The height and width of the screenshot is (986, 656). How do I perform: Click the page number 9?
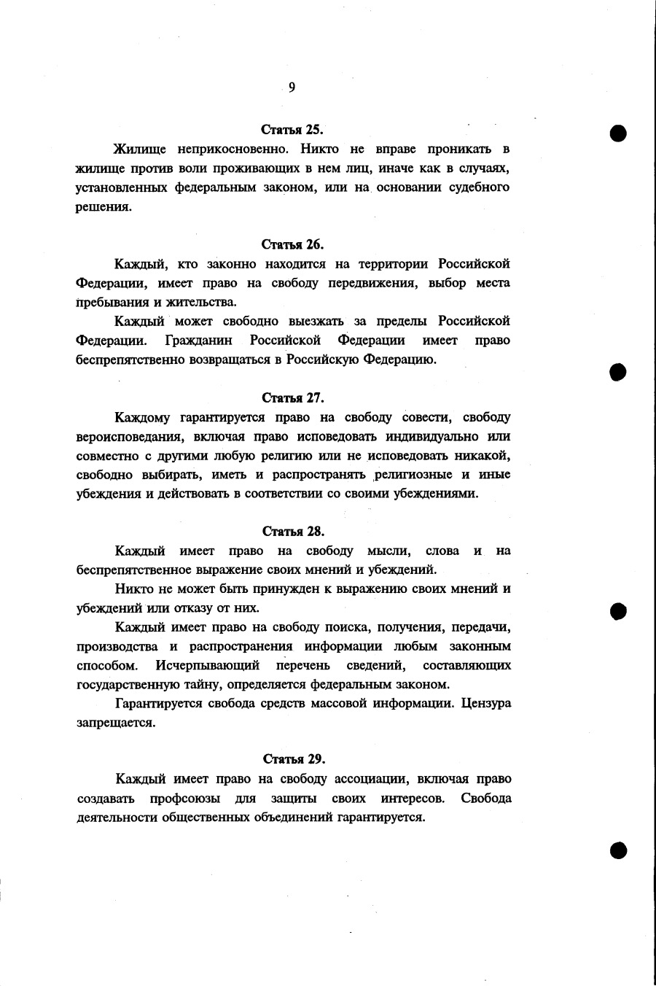[x=292, y=88]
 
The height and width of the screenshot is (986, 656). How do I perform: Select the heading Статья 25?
[x=292, y=130]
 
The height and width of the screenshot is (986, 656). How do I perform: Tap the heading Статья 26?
[x=292, y=244]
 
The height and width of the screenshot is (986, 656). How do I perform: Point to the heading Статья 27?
[x=292, y=397]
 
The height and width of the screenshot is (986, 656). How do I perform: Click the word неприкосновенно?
[x=230, y=150]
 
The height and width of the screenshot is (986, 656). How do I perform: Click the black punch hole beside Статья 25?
[x=619, y=133]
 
